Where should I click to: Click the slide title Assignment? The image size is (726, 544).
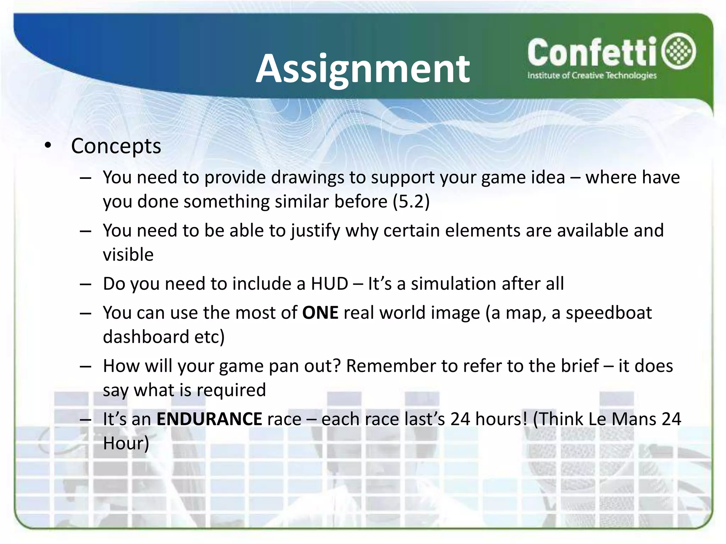coord(363,69)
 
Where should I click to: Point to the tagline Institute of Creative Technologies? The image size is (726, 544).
coord(592,75)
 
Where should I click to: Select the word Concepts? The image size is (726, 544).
coord(116,146)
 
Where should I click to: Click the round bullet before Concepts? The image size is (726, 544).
coord(48,146)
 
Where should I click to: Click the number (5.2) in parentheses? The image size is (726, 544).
coord(411,202)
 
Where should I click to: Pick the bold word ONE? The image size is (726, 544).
coord(320,313)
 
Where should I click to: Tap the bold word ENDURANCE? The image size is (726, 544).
coord(209,419)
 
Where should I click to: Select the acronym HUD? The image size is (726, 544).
coord(329,284)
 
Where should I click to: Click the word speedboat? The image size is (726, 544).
coord(608,313)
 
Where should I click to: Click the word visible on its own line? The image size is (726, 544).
coord(128,255)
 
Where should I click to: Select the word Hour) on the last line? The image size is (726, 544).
coord(126,443)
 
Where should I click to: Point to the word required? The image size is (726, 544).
coord(231,390)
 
